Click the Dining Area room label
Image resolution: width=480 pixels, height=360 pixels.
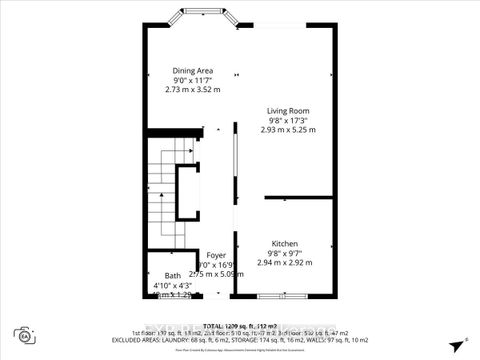[192, 70]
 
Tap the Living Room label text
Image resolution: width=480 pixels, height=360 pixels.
[288, 110]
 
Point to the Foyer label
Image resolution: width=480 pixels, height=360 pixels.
[216, 255]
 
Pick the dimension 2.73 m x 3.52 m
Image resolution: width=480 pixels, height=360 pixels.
[192, 90]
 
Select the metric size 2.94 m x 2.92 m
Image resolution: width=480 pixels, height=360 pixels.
[285, 262]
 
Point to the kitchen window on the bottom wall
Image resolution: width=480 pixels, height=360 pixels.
[279, 296]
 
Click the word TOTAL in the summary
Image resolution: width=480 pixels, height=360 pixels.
[213, 326]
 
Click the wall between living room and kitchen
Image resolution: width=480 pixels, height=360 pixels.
[298, 197]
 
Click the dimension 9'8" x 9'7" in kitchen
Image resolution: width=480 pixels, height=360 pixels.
[285, 253]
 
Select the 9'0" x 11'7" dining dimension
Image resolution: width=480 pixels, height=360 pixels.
[192, 80]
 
